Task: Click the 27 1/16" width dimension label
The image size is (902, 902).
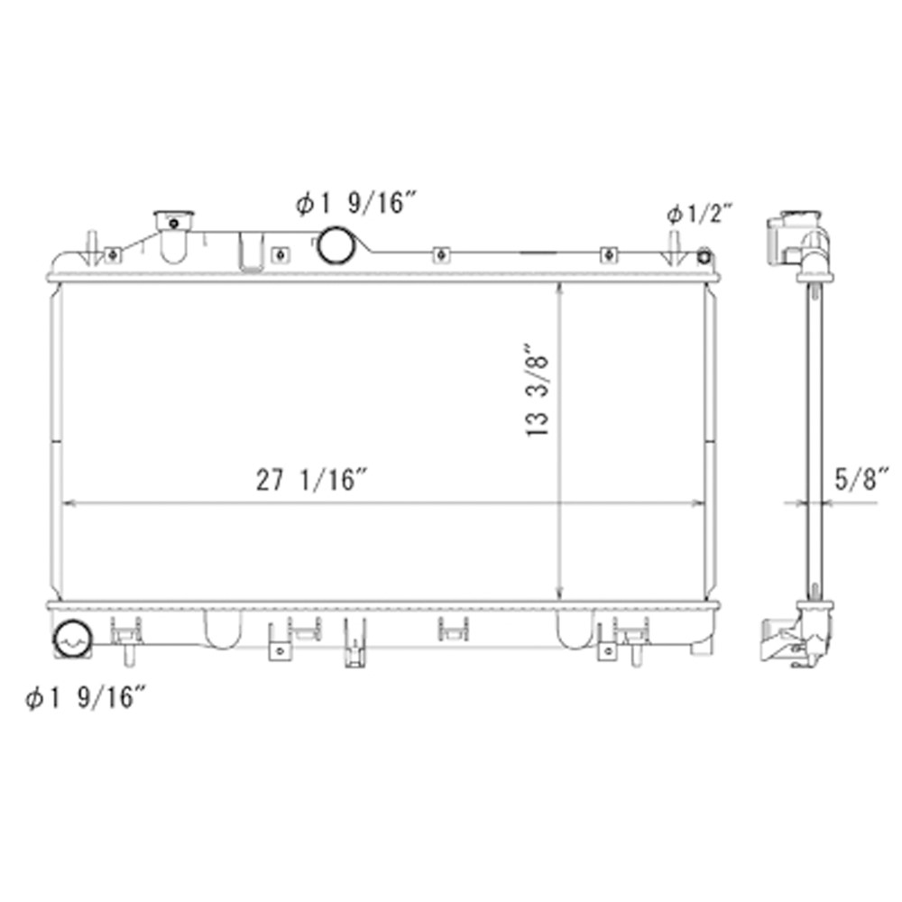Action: pos(311,480)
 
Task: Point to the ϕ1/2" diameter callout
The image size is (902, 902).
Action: pos(699,214)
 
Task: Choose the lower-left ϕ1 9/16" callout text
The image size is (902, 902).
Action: pos(86,697)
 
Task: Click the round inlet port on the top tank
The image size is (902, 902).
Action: pos(336,244)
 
